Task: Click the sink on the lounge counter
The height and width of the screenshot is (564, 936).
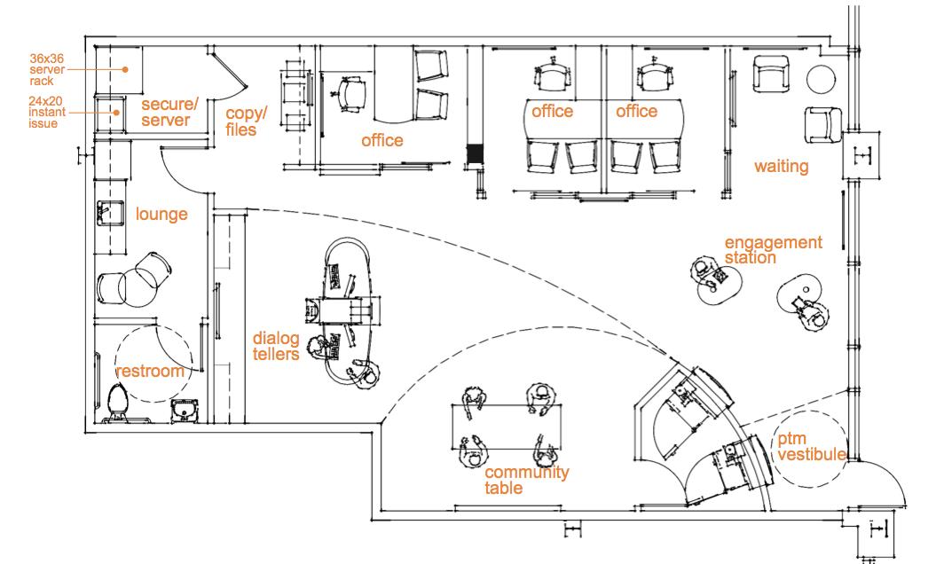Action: pos(104,214)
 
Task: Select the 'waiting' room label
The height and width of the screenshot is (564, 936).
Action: pos(781,166)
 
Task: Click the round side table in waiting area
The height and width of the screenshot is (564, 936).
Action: pos(822,79)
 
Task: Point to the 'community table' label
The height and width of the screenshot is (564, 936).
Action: pos(526,480)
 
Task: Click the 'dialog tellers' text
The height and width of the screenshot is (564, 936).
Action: pos(276,347)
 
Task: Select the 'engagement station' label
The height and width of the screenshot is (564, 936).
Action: pos(773,249)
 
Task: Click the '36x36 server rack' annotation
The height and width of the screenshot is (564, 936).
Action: pos(47,68)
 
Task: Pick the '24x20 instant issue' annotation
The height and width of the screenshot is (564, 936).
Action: pos(45,113)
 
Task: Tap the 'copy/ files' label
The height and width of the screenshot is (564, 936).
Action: pos(245,121)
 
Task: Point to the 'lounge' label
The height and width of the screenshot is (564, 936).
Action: pos(161,214)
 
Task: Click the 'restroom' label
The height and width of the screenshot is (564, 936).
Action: pos(150,371)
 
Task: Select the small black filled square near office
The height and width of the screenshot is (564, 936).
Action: pos(476,154)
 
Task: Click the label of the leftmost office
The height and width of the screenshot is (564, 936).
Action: pos(381,140)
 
